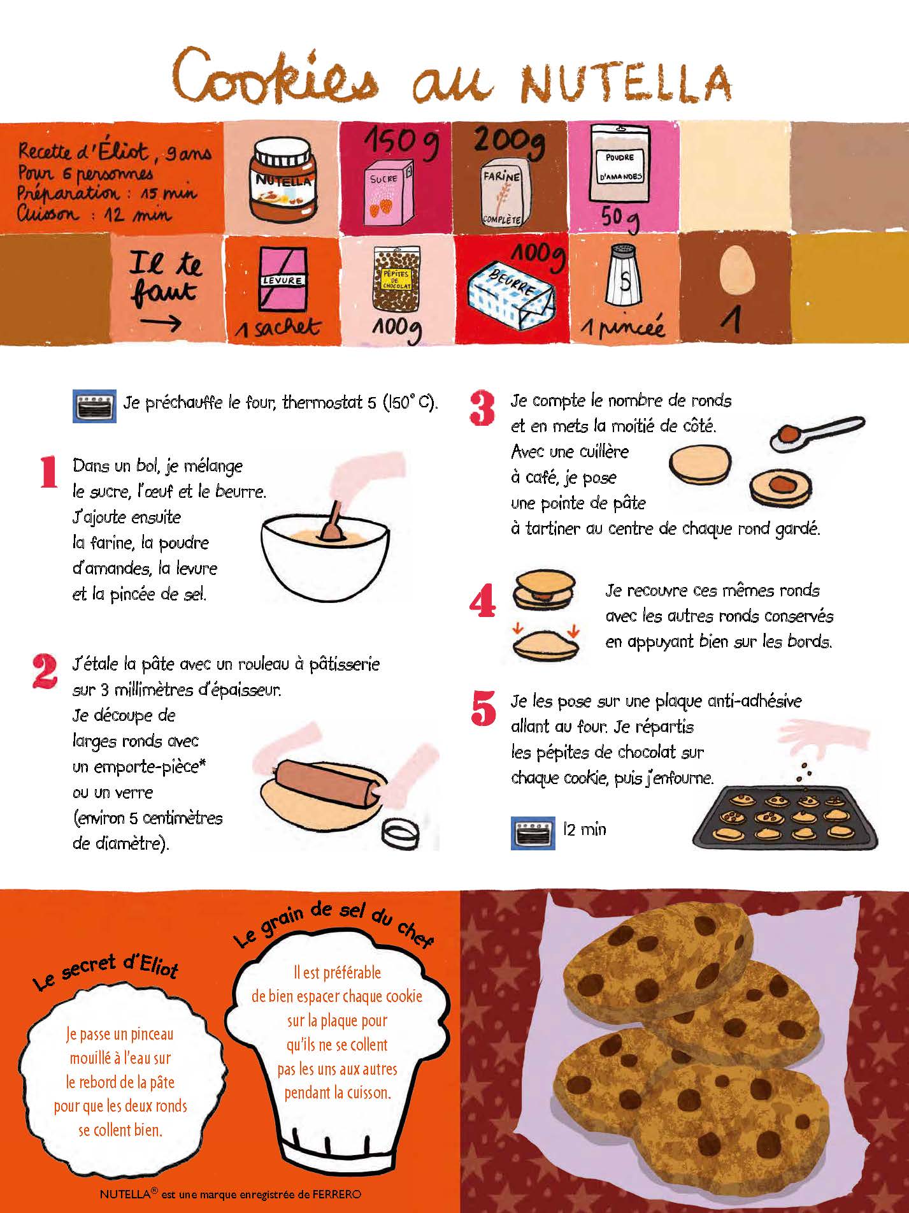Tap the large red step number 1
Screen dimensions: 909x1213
[48, 472]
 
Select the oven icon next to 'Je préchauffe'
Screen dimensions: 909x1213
[94, 405]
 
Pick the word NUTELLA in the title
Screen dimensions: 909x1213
[626, 84]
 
